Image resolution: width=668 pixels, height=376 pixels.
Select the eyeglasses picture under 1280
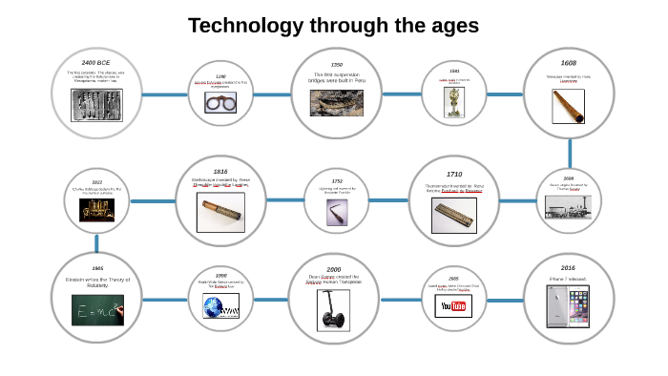point(220,101)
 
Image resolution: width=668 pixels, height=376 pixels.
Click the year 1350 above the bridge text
point(336,64)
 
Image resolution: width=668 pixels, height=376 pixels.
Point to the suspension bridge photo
point(336,102)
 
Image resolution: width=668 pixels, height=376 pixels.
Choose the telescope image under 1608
point(569,106)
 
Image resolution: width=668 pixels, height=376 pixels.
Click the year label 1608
point(569,63)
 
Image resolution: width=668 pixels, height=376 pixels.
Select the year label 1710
point(454,174)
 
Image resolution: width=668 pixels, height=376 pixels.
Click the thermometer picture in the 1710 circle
point(454,216)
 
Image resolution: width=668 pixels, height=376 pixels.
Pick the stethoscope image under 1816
point(220,213)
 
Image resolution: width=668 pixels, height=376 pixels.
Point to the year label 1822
point(97,181)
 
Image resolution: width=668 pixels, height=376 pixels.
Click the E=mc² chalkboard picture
point(97,309)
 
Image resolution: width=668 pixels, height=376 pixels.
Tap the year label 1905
point(97,268)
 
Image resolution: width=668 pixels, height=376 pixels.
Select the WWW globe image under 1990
point(220,306)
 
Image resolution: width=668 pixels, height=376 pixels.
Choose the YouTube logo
point(454,305)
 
